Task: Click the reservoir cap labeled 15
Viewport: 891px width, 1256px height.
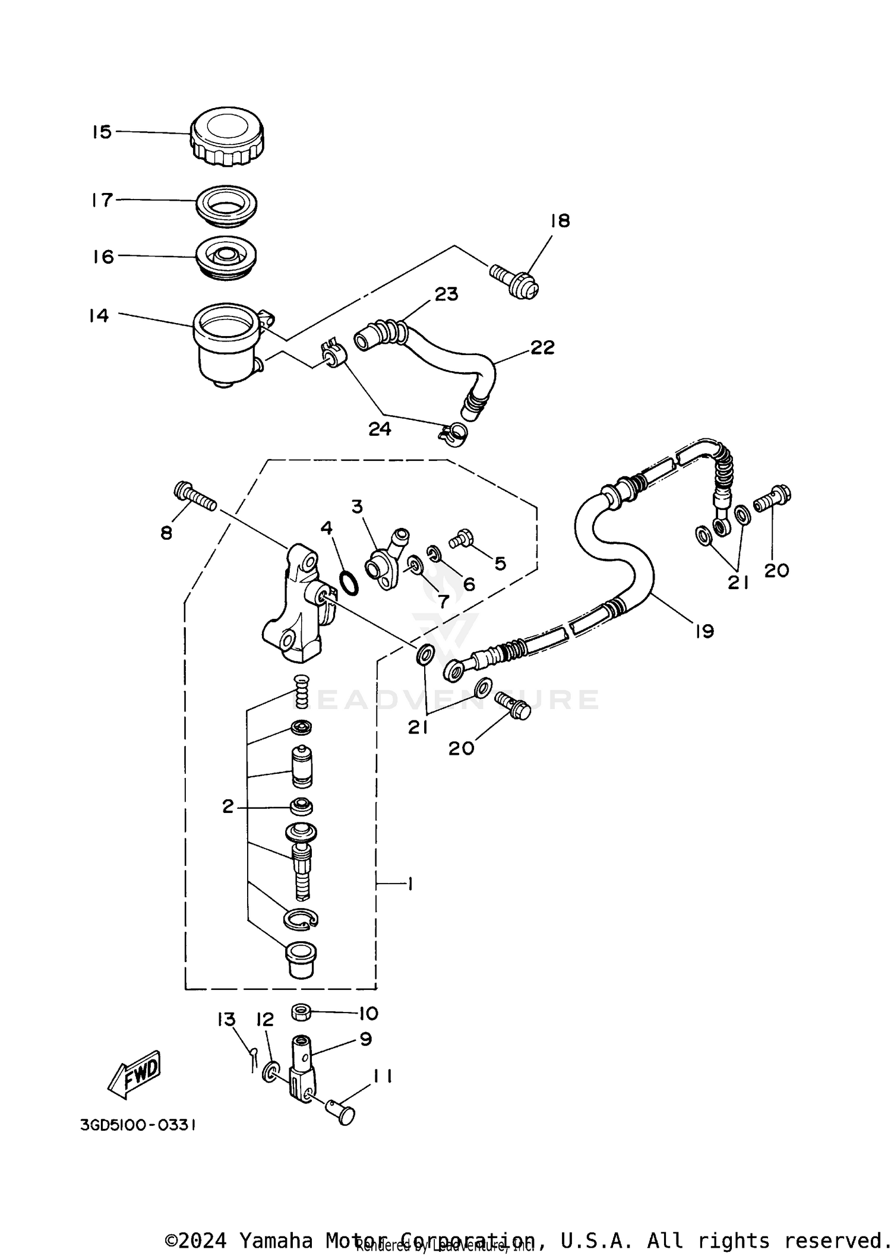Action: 227,137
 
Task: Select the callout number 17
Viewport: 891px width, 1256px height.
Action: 102,200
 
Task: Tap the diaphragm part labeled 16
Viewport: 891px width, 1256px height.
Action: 226,258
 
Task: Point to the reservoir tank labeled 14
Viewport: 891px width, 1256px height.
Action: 227,344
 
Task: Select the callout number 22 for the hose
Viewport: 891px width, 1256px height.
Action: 542,347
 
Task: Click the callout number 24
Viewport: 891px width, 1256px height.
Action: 380,429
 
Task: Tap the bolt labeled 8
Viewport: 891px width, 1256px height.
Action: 195,498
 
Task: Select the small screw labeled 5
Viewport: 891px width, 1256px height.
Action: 461,539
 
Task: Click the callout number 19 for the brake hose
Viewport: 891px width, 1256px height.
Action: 704,631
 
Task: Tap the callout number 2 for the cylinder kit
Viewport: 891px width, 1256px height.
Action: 228,806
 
